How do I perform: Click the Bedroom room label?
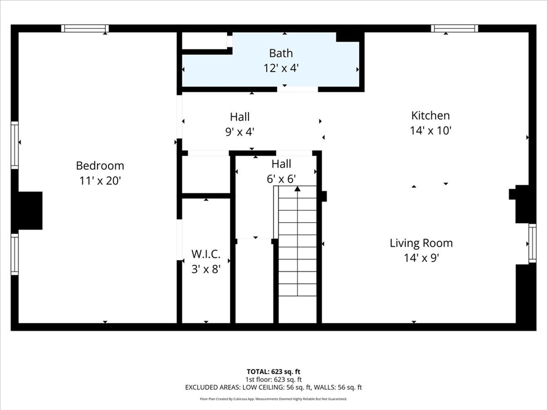[100, 165]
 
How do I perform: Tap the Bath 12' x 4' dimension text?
[281, 68]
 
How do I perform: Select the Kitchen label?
[431, 115]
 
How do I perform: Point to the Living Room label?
[421, 243]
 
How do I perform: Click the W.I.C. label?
[206, 254]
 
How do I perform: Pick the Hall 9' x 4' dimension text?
[240, 132]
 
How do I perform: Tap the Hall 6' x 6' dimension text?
[281, 179]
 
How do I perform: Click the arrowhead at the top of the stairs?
[297, 188]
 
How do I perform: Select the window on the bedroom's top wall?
[85, 28]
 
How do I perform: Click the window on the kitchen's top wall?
[455, 28]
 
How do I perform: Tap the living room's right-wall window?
[533, 243]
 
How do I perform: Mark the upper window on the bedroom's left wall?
[14, 145]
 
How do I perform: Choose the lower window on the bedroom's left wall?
[14, 254]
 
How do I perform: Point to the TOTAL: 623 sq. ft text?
[273, 372]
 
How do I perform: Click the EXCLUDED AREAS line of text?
[273, 388]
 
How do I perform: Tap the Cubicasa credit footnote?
[273, 399]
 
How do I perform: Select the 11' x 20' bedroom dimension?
[100, 180]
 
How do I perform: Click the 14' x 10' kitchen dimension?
[431, 130]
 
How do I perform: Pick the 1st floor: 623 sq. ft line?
[273, 380]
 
